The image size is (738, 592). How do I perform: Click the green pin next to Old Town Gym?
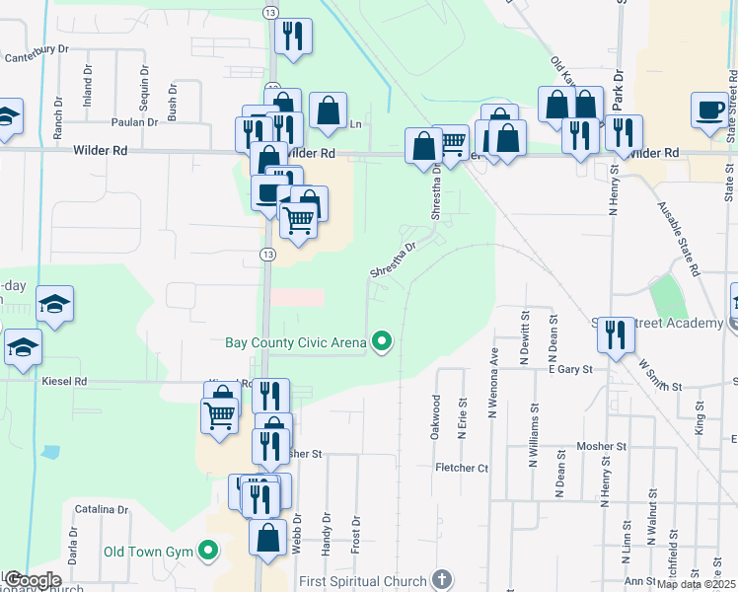click(x=208, y=550)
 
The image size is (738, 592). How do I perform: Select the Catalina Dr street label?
click(x=103, y=510)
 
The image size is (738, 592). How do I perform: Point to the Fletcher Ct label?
click(x=462, y=468)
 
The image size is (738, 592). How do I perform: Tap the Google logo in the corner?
click(x=33, y=580)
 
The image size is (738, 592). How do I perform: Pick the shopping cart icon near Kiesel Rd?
click(x=219, y=414)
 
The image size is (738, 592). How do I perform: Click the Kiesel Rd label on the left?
click(x=65, y=380)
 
